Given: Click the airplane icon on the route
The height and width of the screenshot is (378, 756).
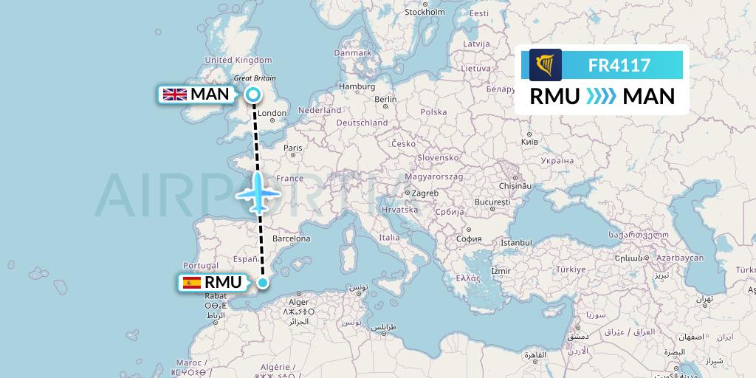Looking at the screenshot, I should click(x=258, y=193).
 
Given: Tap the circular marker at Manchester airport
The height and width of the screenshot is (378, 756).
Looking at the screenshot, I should click(x=253, y=94).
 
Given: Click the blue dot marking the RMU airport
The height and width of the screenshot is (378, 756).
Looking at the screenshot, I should click(x=263, y=282).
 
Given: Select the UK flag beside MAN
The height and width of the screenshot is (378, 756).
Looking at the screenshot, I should click(x=175, y=94).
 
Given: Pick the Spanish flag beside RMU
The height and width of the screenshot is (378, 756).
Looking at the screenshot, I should click(x=190, y=282).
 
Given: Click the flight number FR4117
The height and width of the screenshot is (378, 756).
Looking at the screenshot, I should click(x=619, y=65).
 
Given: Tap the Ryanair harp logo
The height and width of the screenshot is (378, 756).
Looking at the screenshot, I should click(x=546, y=65).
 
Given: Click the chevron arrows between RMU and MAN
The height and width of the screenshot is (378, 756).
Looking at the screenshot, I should click(x=600, y=97).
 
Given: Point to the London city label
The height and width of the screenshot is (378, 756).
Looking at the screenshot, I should click(x=272, y=114).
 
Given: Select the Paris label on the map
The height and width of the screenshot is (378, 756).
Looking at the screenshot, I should click(x=293, y=148).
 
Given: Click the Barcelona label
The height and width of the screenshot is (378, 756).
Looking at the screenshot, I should click(x=291, y=238).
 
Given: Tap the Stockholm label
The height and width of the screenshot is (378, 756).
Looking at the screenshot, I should click(x=425, y=13).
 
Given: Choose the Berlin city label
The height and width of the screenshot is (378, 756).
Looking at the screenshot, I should click(x=385, y=100).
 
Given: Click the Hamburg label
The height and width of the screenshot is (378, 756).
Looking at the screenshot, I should click(x=357, y=86).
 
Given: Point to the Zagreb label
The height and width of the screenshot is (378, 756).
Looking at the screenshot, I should click(x=426, y=193).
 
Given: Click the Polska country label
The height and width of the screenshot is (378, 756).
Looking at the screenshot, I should click(x=433, y=112).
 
